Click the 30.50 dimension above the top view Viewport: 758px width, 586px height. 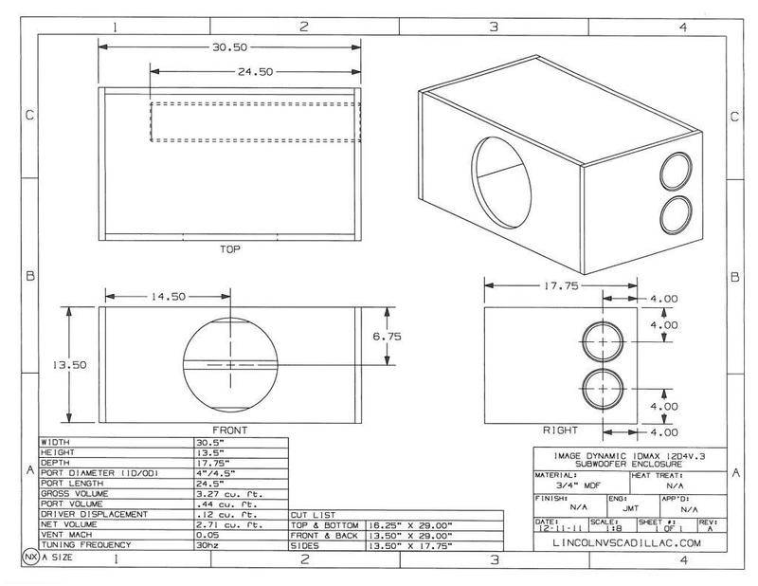pos(229,45)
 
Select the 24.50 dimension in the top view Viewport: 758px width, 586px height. pos(255,71)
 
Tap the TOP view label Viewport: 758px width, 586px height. pos(229,251)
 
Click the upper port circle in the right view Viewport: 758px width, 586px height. pos(603,341)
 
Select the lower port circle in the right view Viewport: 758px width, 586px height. pos(603,389)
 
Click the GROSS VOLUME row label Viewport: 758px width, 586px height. pos(77,493)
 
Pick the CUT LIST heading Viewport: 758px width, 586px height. pos(311,514)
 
